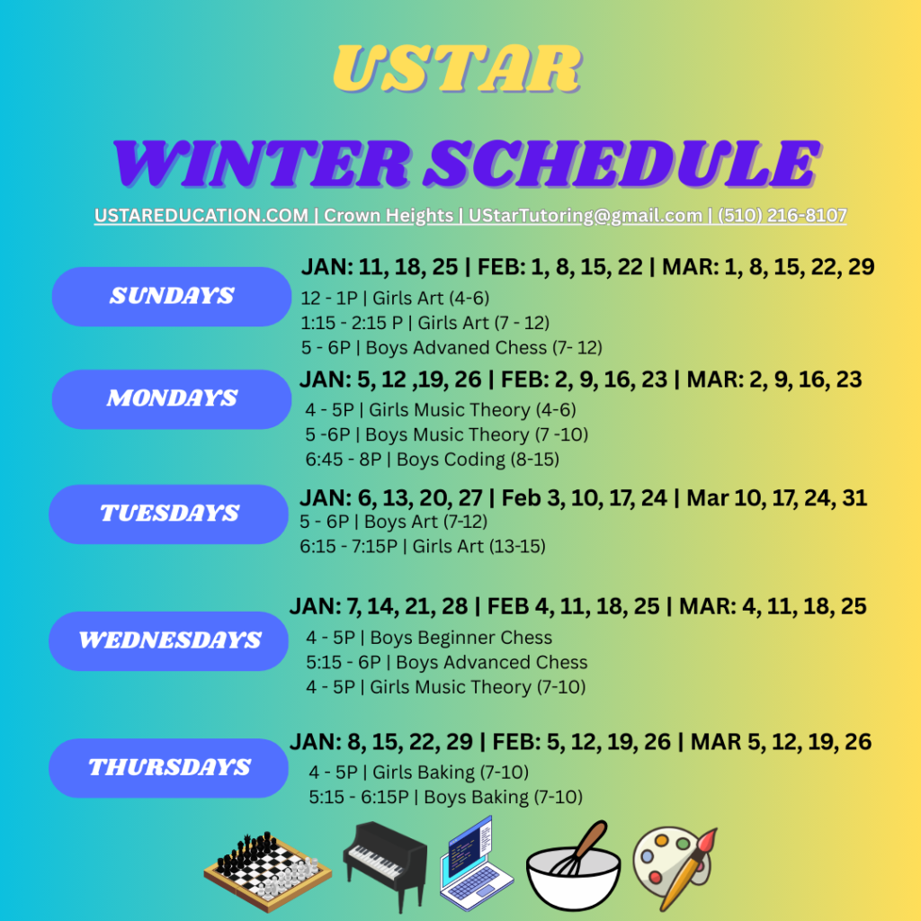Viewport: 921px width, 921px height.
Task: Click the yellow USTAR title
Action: pyautogui.click(x=457, y=69)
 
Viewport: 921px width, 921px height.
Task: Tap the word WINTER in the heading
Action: pyautogui.click(x=261, y=164)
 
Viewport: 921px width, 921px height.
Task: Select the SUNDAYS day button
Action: pyautogui.click(x=172, y=297)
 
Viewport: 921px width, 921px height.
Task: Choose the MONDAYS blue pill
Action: pyautogui.click(x=172, y=399)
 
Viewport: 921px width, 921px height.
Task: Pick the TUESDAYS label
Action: pyautogui.click(x=169, y=514)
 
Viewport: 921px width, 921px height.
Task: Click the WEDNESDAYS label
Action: pyautogui.click(x=169, y=640)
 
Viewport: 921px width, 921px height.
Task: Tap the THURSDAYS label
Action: pyautogui.click(x=169, y=768)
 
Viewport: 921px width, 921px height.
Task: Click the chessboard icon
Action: pyautogui.click(x=268, y=871)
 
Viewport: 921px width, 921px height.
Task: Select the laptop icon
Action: pyautogui.click(x=476, y=863)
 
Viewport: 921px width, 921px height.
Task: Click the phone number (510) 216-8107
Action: pyautogui.click(x=782, y=216)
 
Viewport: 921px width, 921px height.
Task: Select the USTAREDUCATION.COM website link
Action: pyautogui.click(x=201, y=216)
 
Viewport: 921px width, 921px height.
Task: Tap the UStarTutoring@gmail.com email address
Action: pyautogui.click(x=585, y=216)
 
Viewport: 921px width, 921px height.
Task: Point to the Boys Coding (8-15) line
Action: pyautogui.click(x=432, y=460)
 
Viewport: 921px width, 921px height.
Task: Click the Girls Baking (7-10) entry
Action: pyautogui.click(x=419, y=772)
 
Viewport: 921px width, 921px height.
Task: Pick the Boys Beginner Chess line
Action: pyautogui.click(x=429, y=638)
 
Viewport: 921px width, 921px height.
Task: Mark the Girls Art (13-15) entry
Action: pyautogui.click(x=423, y=546)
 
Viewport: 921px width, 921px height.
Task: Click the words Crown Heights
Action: pyautogui.click(x=389, y=216)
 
